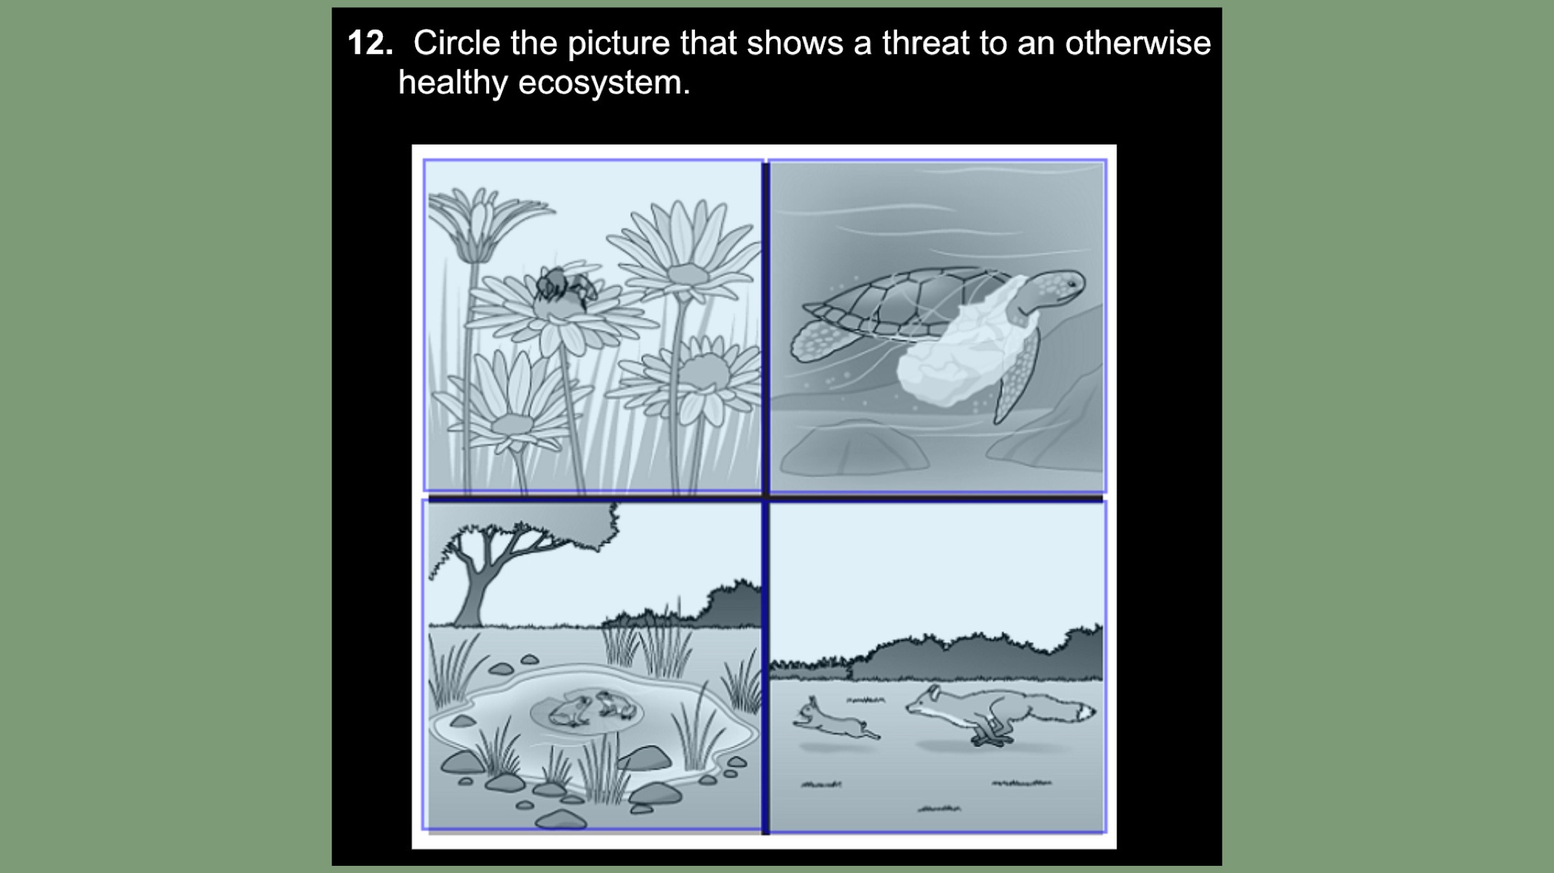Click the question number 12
pos(370,43)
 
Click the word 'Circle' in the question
pos(456,43)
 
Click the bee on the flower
pos(565,287)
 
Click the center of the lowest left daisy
pos(512,424)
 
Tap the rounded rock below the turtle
pos(854,449)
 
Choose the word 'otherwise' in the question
pos(1138,43)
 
